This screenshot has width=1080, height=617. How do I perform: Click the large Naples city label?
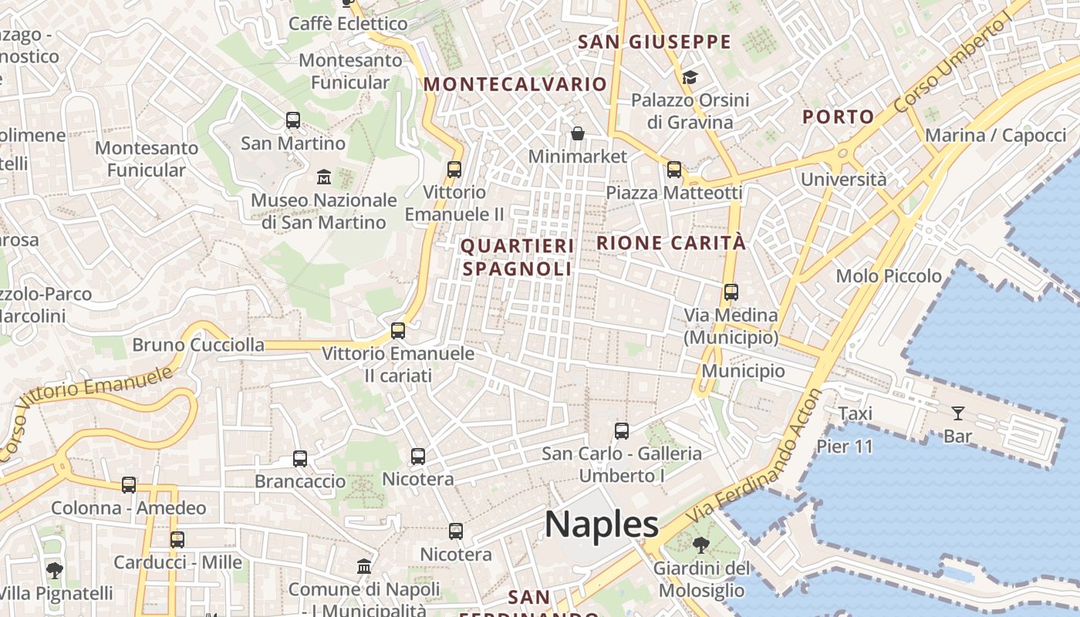(602, 524)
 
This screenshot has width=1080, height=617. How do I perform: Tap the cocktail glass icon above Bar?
(958, 413)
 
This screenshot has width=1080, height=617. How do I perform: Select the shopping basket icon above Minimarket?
(578, 134)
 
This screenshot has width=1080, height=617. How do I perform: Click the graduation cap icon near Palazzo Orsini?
(690, 77)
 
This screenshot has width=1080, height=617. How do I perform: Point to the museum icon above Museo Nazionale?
(324, 177)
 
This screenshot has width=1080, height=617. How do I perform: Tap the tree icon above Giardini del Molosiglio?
(701, 545)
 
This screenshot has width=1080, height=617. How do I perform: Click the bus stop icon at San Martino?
(293, 120)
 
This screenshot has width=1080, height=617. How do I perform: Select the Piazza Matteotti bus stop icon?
(674, 170)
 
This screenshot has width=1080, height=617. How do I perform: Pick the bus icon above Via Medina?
(731, 292)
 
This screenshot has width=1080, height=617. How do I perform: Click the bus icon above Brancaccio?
(300, 459)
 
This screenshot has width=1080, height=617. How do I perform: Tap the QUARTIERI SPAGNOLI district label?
(518, 258)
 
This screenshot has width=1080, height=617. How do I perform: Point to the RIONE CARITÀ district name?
(671, 243)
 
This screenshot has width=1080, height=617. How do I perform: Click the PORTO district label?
(839, 117)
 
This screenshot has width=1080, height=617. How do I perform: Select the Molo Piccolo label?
(889, 276)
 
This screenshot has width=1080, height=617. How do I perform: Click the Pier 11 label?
(845, 447)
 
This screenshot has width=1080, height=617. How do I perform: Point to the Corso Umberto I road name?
(953, 62)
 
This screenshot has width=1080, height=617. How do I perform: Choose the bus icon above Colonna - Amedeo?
(129, 485)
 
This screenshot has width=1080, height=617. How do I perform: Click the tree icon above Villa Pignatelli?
(55, 571)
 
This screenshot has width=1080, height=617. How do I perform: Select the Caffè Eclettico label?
(348, 24)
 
